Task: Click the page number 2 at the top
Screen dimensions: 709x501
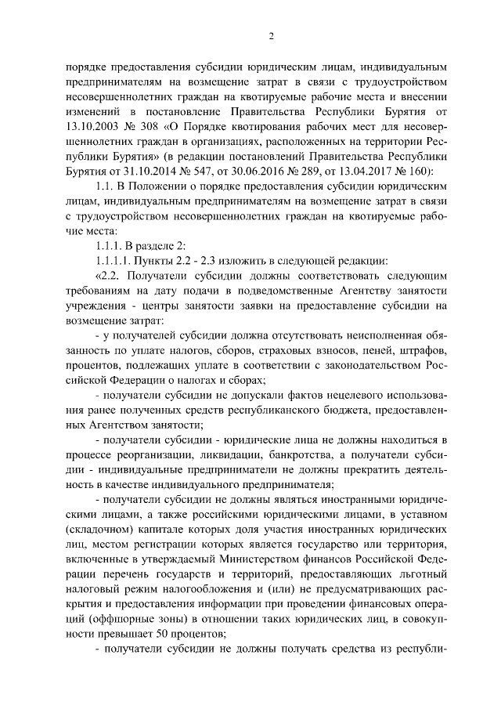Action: [x=271, y=37]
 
